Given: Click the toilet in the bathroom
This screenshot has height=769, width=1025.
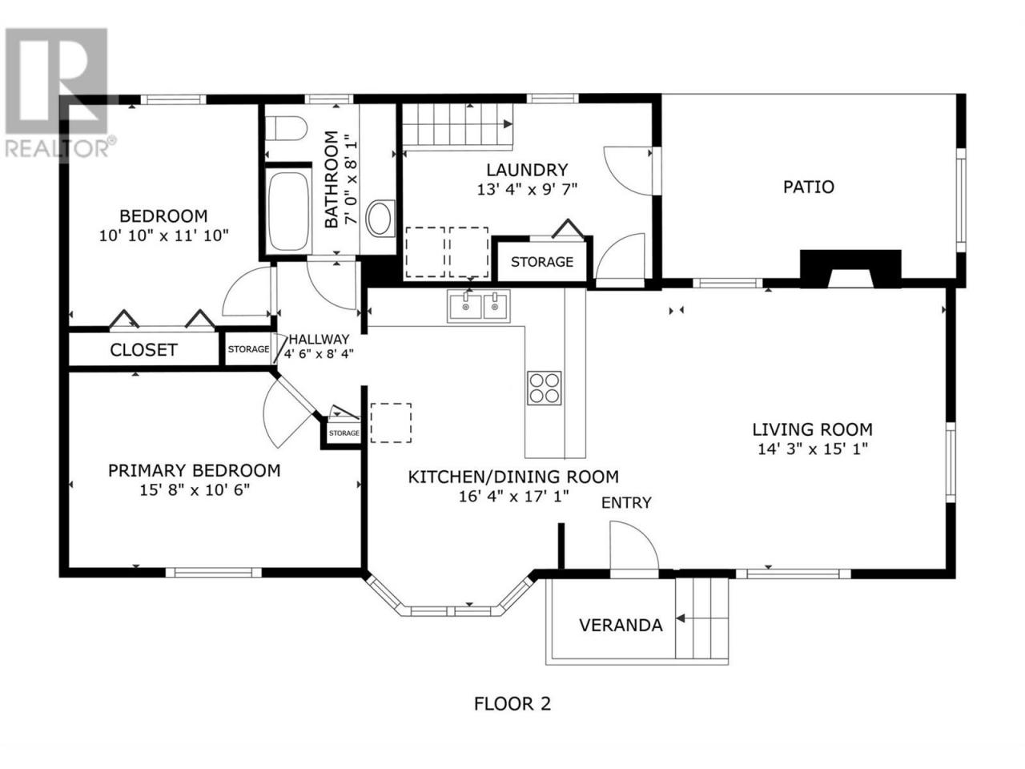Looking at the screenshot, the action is pyautogui.click(x=285, y=128).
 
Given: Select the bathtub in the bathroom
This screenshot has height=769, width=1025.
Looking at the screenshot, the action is pyautogui.click(x=288, y=211).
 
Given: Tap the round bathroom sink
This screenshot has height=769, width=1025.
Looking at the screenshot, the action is pyautogui.click(x=380, y=219).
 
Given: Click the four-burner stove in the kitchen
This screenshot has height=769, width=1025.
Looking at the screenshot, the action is pyautogui.click(x=544, y=388).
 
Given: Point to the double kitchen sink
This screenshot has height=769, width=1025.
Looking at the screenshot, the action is pyautogui.click(x=479, y=306).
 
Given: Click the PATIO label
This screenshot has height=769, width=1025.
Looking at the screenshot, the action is pyautogui.click(x=808, y=187).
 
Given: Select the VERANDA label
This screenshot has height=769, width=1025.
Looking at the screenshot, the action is pyautogui.click(x=621, y=625).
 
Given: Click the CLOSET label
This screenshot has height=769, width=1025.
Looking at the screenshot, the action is pyautogui.click(x=143, y=350).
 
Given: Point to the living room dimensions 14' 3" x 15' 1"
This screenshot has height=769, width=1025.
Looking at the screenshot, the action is pyautogui.click(x=813, y=449).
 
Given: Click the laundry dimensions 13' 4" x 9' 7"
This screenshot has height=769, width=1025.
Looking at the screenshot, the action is pyautogui.click(x=527, y=189).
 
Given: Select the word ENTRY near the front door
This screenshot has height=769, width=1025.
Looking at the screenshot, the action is pyautogui.click(x=626, y=503).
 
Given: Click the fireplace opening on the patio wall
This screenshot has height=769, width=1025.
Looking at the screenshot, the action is pyautogui.click(x=850, y=277).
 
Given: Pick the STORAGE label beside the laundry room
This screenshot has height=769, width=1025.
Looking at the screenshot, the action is pyautogui.click(x=541, y=262).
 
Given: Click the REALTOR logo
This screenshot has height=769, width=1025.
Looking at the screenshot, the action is pyautogui.click(x=58, y=94).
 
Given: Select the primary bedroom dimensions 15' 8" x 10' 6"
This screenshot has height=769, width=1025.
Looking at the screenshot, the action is pyautogui.click(x=195, y=489).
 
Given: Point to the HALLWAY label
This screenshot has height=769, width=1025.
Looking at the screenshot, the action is pyautogui.click(x=319, y=339).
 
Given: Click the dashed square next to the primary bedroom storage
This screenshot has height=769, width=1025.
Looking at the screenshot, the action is pyautogui.click(x=391, y=423).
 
